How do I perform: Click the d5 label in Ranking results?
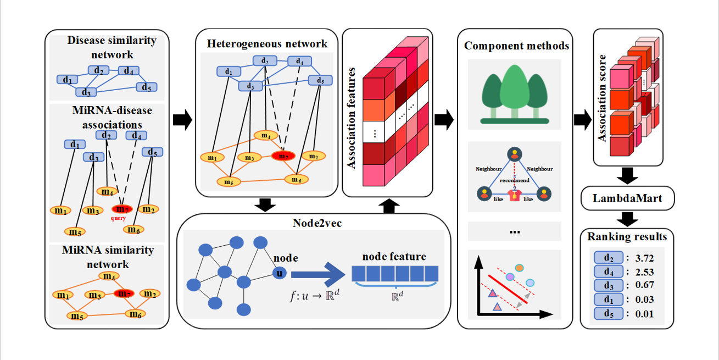(x=609, y=314)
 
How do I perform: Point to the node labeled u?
(x=280, y=273)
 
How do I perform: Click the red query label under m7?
(x=119, y=218)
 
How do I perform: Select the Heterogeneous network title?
(x=267, y=43)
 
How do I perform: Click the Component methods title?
(x=516, y=46)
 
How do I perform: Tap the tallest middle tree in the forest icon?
(x=514, y=88)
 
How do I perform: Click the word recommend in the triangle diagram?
(x=514, y=180)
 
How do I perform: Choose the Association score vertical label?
(x=603, y=98)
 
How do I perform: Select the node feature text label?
(x=394, y=256)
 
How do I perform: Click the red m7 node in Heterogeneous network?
(x=283, y=156)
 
